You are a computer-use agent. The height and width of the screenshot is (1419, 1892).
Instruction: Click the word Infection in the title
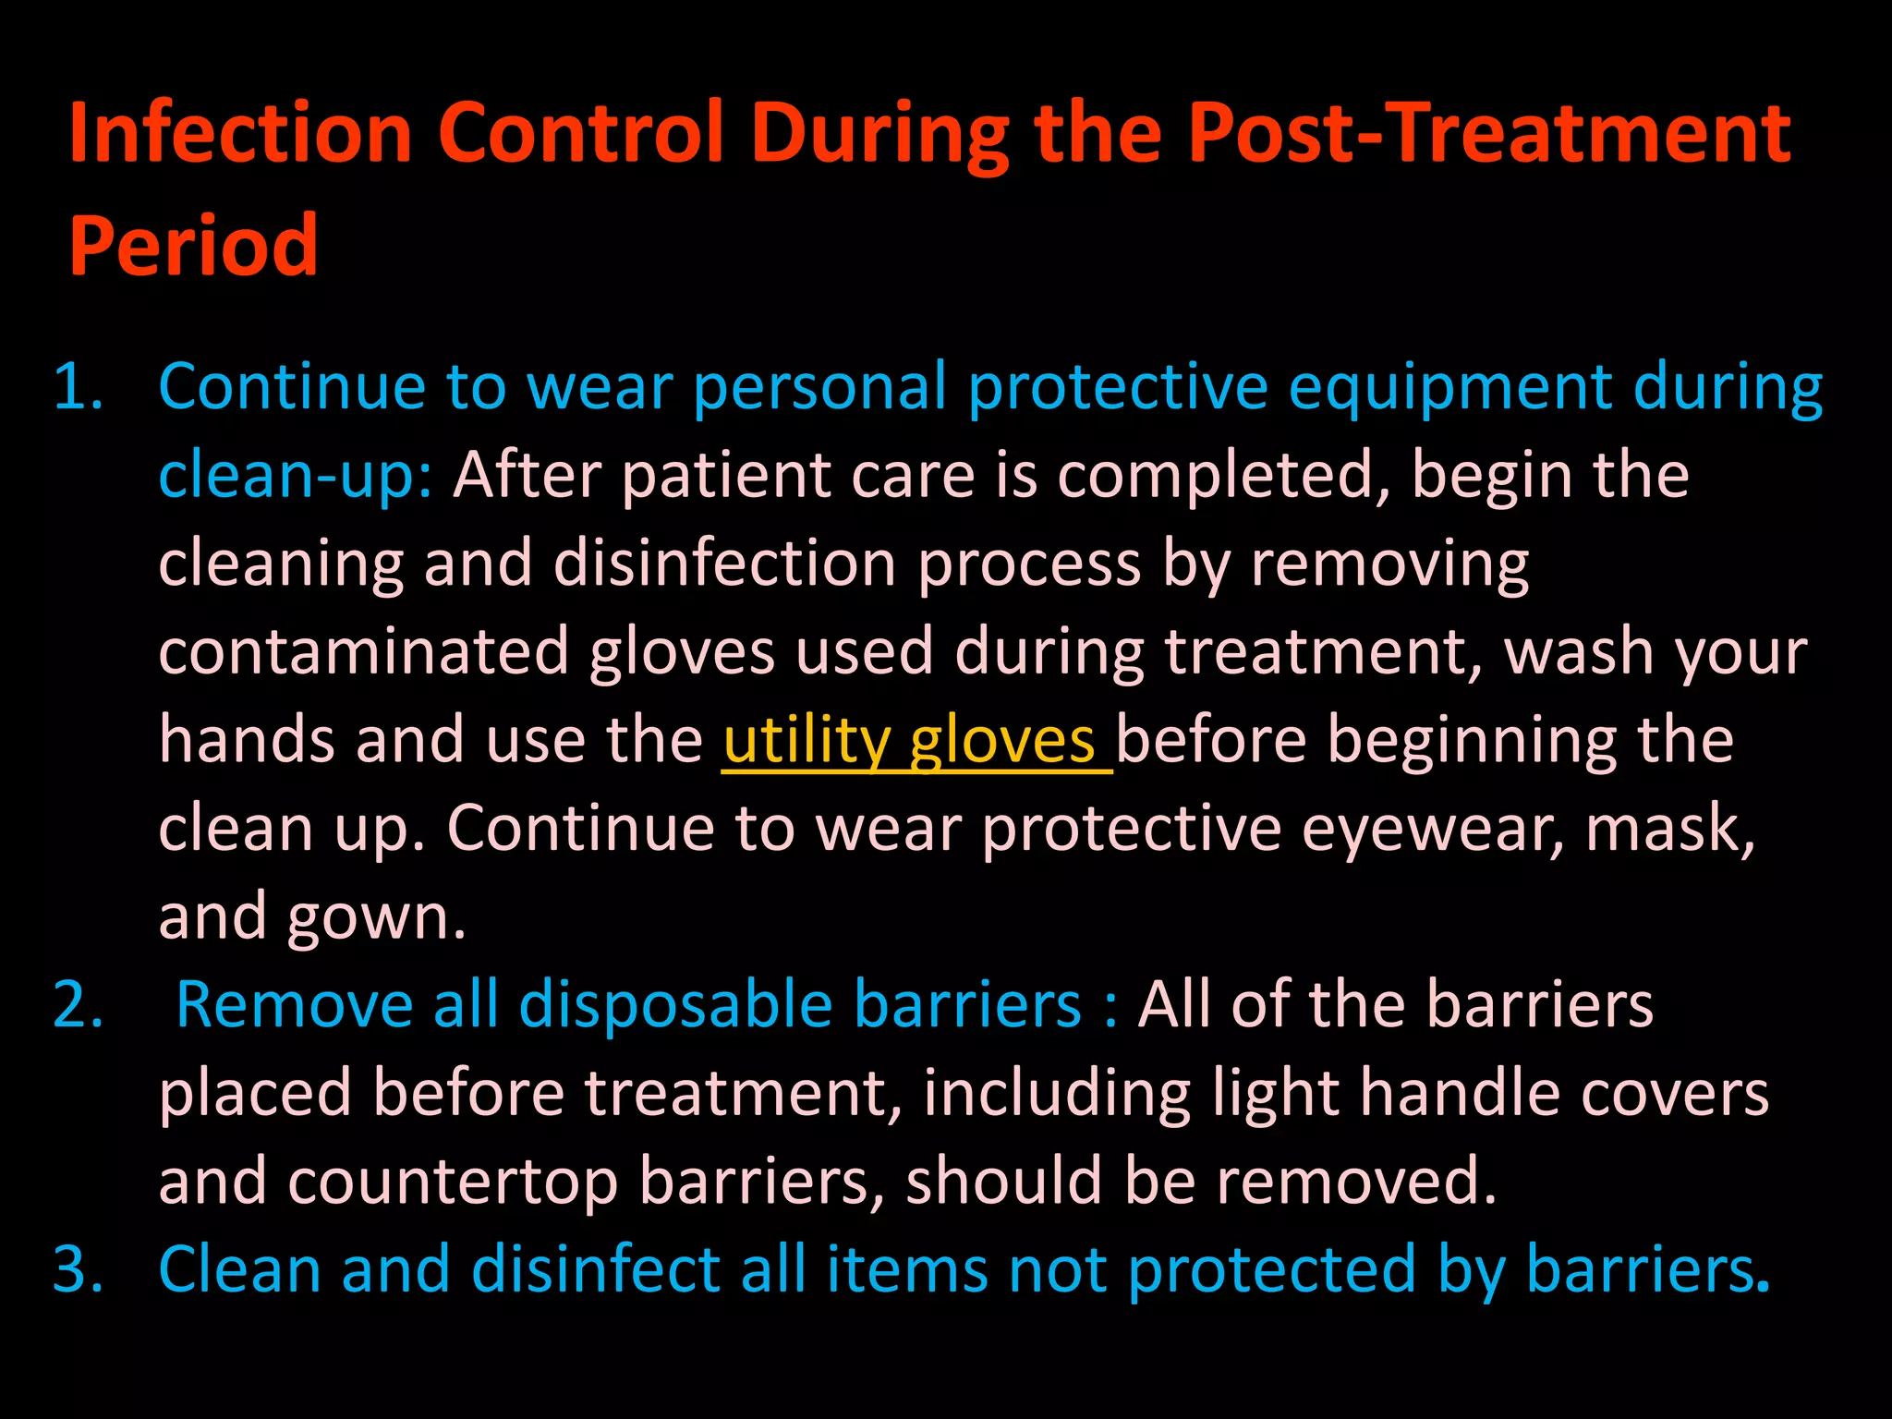pyautogui.click(x=240, y=134)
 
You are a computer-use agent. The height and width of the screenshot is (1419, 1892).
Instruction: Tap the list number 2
pyautogui.click(x=78, y=1005)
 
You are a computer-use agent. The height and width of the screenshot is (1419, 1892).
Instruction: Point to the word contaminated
pyautogui.click(x=363, y=652)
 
